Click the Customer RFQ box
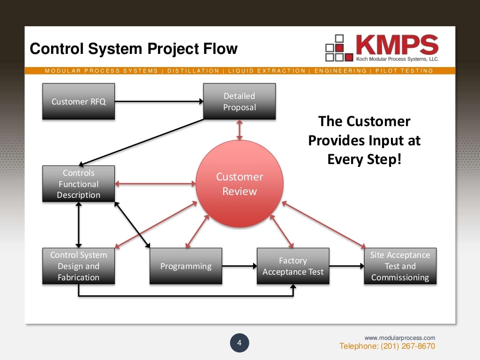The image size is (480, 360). [78, 101]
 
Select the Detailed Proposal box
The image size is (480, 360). [239, 101]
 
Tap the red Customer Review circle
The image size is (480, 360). [240, 184]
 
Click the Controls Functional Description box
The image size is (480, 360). [78, 184]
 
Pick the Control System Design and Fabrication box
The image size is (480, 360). [78, 266]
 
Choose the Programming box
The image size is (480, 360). [186, 266]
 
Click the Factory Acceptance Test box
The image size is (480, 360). [293, 266]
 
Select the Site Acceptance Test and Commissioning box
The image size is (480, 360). [400, 266]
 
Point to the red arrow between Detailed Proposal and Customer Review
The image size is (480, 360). [240, 129]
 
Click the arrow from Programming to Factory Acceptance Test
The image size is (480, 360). [239, 266]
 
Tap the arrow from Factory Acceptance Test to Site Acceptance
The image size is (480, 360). [346, 266]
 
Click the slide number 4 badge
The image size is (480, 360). [239, 343]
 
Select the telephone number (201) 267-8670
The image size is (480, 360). [387, 346]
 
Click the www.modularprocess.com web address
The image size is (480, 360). [400, 337]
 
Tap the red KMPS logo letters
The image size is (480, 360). [397, 45]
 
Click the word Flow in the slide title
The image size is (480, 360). [220, 49]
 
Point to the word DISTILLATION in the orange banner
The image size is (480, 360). [193, 71]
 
